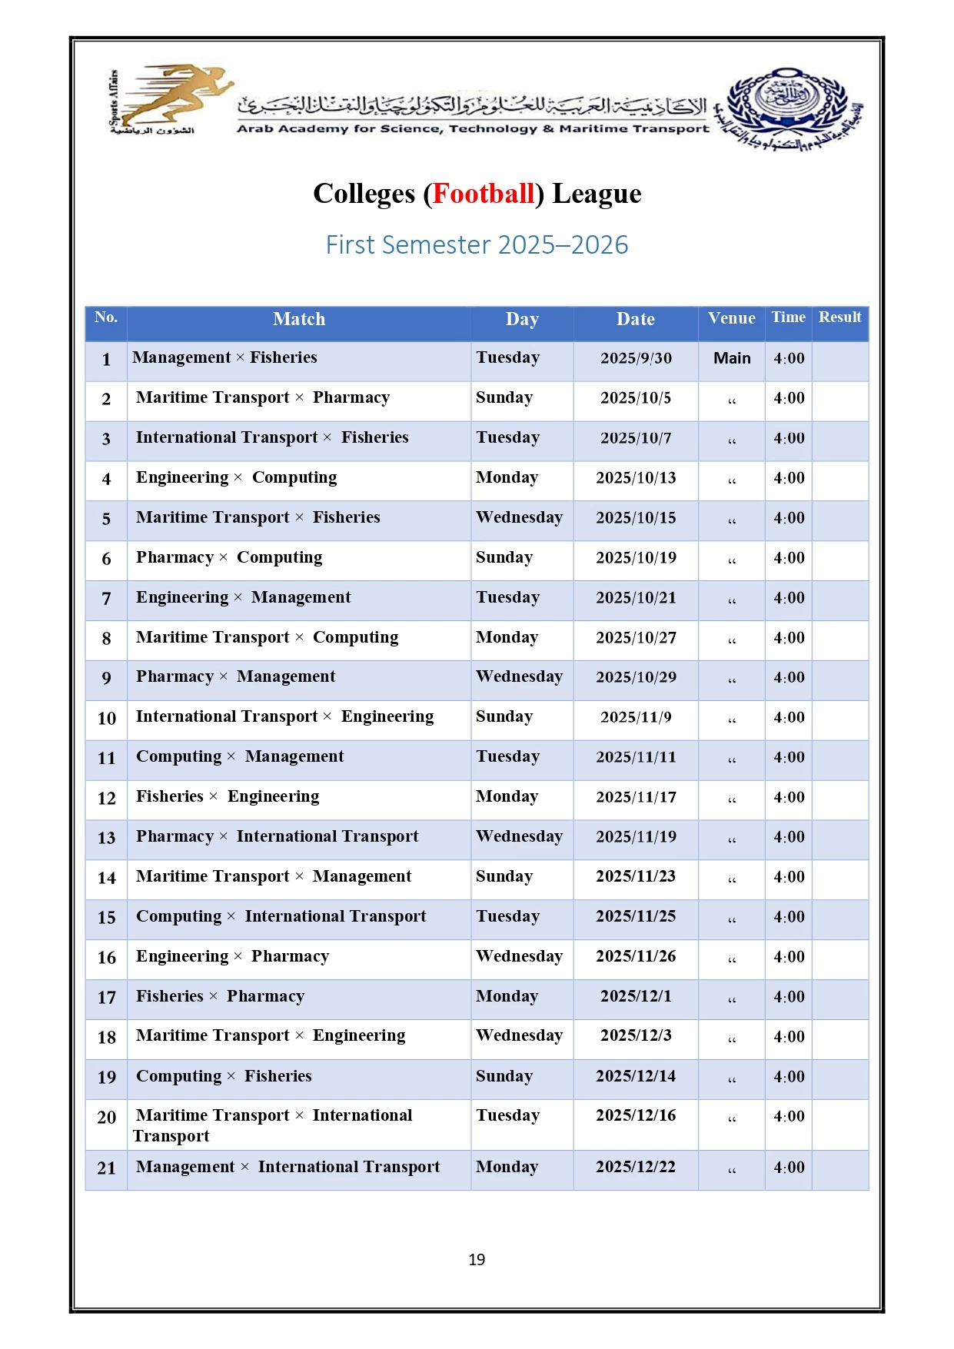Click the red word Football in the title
click(x=483, y=194)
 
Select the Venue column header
click(x=731, y=318)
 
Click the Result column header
click(x=839, y=317)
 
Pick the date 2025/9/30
click(x=636, y=358)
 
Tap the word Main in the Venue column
click(x=732, y=358)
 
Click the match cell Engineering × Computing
click(x=236, y=478)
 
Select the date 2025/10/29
click(x=636, y=677)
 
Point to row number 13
click(x=106, y=838)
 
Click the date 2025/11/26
click(x=636, y=957)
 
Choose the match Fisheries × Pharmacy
click(x=220, y=997)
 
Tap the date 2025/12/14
click(x=636, y=1077)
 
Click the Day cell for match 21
click(x=507, y=1168)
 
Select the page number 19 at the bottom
click(x=477, y=1260)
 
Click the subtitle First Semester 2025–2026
click(x=477, y=245)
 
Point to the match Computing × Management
click(x=240, y=757)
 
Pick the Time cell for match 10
click(x=789, y=718)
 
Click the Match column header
click(x=299, y=319)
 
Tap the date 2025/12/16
click(x=636, y=1116)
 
